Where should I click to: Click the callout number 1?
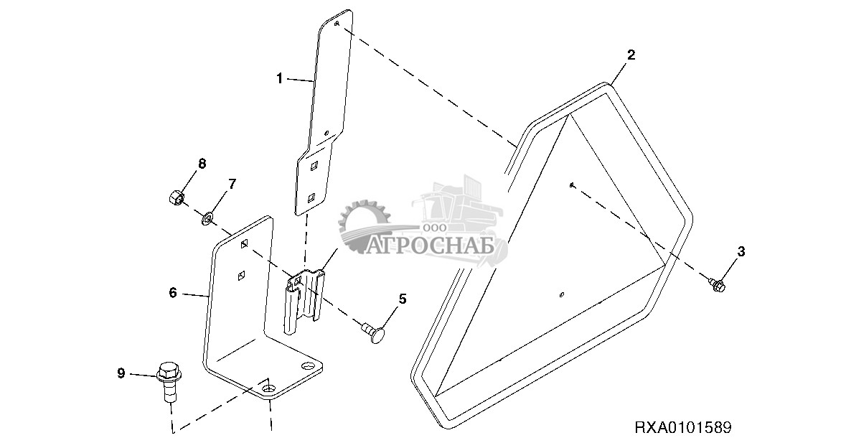point(279,79)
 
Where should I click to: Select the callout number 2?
point(631,55)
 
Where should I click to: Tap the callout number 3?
point(741,251)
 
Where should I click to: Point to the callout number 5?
point(402,299)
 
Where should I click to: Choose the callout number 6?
point(173,292)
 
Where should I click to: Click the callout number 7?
point(232,184)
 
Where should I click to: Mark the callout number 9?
point(121,373)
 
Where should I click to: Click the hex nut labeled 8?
point(175,197)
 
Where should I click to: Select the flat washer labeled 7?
point(207,218)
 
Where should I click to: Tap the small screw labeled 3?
point(717,282)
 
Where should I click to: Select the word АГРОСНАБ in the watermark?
point(431,246)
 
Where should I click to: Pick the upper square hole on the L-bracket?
point(244,244)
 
